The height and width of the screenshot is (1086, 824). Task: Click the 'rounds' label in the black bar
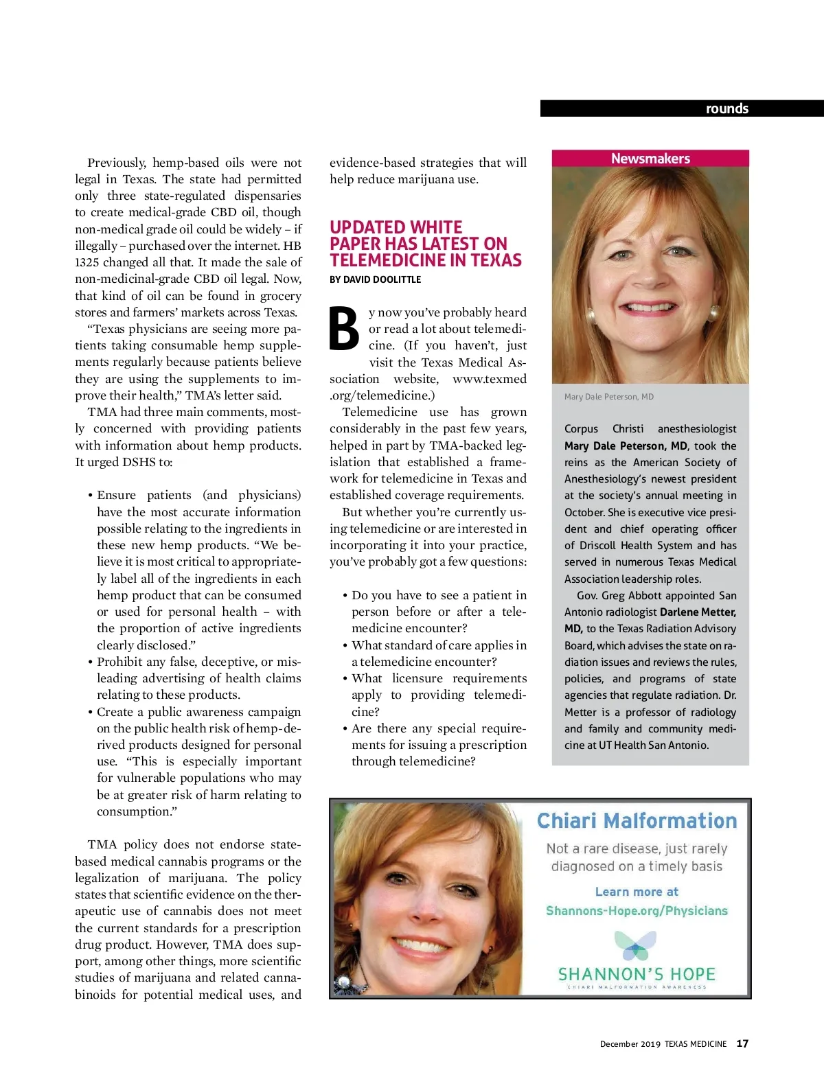726,108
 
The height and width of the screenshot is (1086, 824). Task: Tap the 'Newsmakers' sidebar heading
650,159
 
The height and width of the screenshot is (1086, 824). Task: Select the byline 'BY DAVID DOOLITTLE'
375,279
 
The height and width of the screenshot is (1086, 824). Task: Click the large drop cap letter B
344,329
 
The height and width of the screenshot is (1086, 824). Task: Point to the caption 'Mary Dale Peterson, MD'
608,397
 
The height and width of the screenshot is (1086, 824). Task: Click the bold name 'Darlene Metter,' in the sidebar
698,612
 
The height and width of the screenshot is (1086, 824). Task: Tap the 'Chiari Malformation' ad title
637,821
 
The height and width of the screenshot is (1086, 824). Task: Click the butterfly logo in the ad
635,945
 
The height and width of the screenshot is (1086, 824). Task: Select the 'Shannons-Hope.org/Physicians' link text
637,911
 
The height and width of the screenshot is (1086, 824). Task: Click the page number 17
742,1043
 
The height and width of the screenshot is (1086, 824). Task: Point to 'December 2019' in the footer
630,1044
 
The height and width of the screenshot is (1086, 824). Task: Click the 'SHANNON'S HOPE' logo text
637,974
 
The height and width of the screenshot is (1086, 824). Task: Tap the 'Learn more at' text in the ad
637,892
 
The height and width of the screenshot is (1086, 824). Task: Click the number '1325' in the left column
87,262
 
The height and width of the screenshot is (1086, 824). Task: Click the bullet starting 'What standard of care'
439,645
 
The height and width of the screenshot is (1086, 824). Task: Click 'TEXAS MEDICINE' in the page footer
695,1044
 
